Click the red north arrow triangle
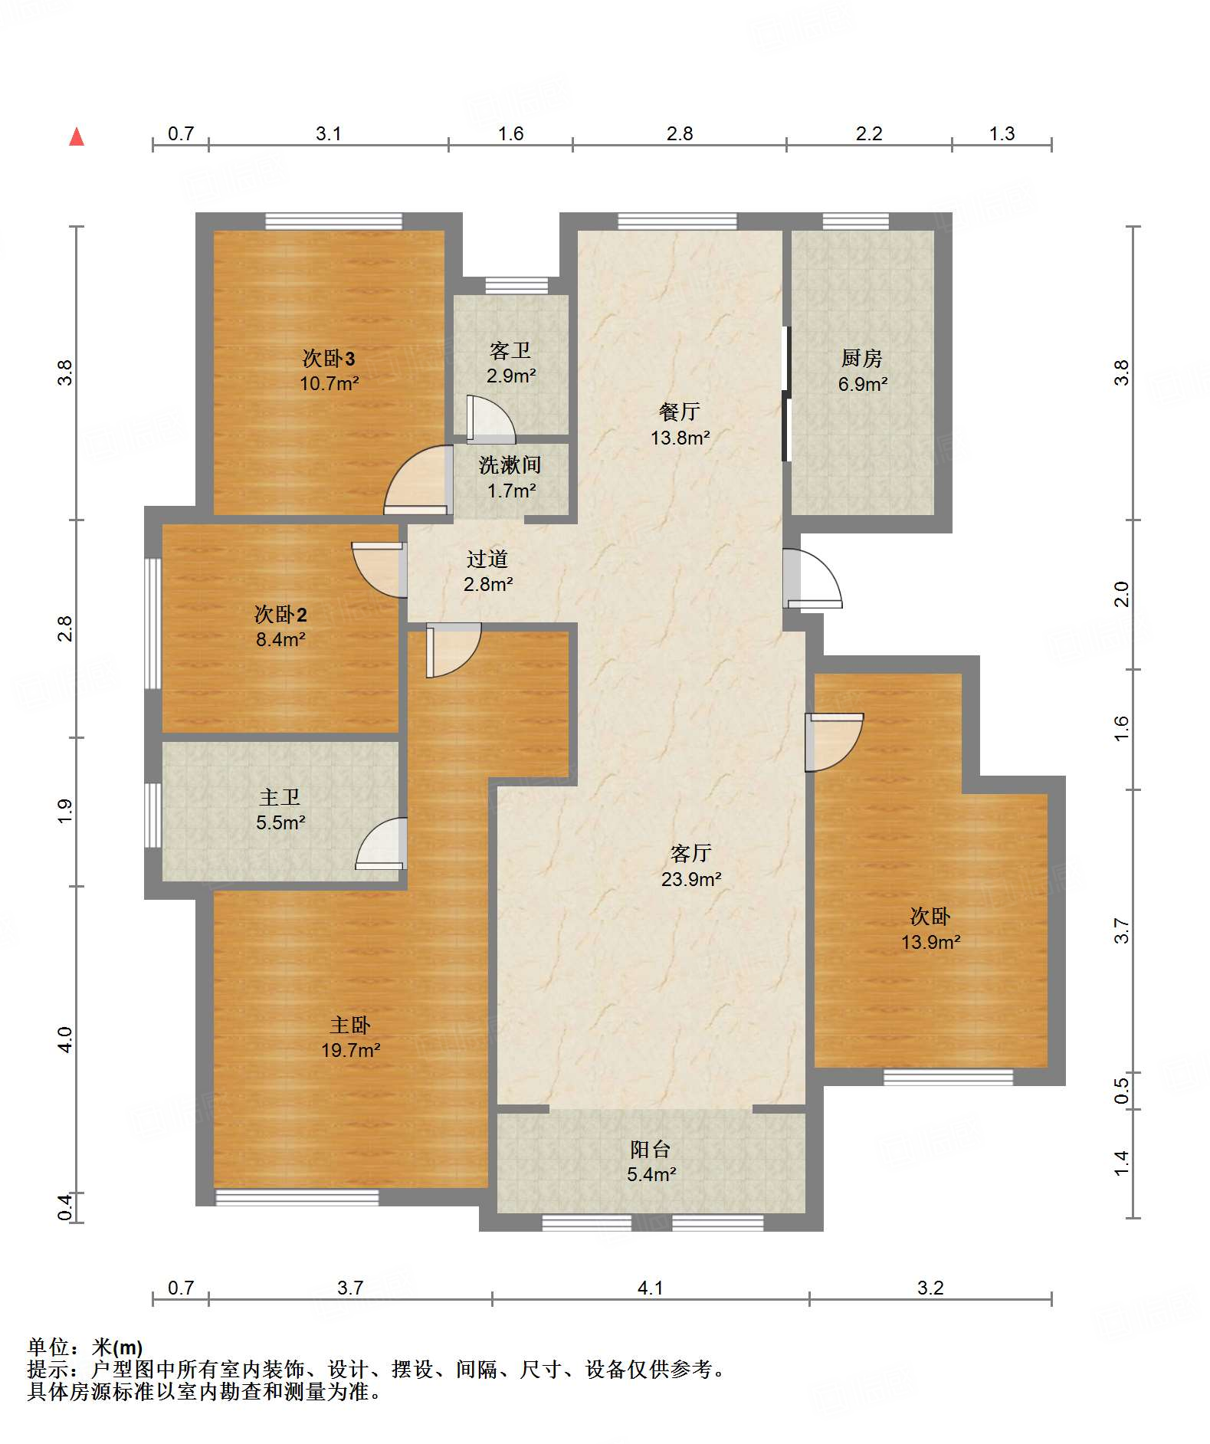click(77, 137)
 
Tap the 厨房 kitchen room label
click(862, 358)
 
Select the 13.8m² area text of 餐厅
click(680, 438)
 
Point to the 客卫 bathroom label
click(510, 351)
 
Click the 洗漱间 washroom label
click(510, 465)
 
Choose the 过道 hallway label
click(487, 559)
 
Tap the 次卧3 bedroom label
click(329, 358)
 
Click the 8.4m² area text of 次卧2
click(280, 639)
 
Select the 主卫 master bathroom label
click(280, 797)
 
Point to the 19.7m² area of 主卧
click(351, 1050)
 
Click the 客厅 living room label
click(691, 853)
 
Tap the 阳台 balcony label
click(651, 1149)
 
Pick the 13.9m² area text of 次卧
click(930, 942)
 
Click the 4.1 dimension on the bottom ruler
click(651, 1288)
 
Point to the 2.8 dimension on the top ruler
click(680, 134)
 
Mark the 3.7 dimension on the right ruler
click(1121, 930)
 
